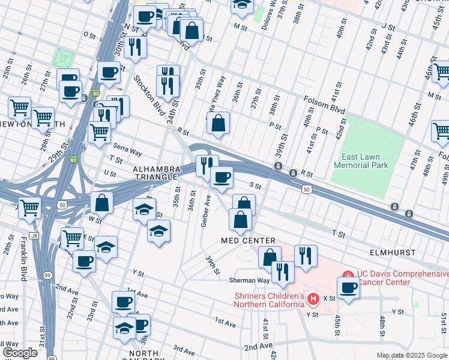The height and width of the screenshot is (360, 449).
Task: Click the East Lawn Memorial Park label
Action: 360,161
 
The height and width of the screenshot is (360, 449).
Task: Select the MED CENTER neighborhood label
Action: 239,241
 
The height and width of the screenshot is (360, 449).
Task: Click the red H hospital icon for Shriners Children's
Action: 312,298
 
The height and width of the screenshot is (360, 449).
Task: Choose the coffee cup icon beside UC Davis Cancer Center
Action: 348,287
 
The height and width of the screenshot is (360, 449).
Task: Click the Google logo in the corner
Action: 20,353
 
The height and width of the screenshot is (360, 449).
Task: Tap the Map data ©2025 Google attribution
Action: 411,355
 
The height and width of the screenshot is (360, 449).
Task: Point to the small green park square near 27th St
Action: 63,58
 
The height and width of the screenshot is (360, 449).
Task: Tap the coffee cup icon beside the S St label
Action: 222,177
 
